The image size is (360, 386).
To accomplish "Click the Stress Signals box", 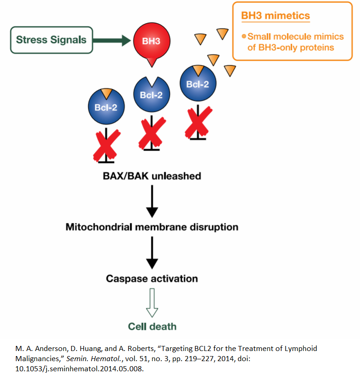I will click(x=51, y=39).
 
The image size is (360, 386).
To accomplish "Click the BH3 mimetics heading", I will click(x=275, y=16).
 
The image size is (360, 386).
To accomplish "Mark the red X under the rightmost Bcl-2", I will click(x=198, y=122).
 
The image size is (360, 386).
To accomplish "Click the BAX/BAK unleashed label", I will click(x=152, y=176).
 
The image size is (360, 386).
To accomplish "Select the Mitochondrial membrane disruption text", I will click(x=152, y=227).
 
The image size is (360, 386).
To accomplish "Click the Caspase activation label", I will click(x=152, y=279).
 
